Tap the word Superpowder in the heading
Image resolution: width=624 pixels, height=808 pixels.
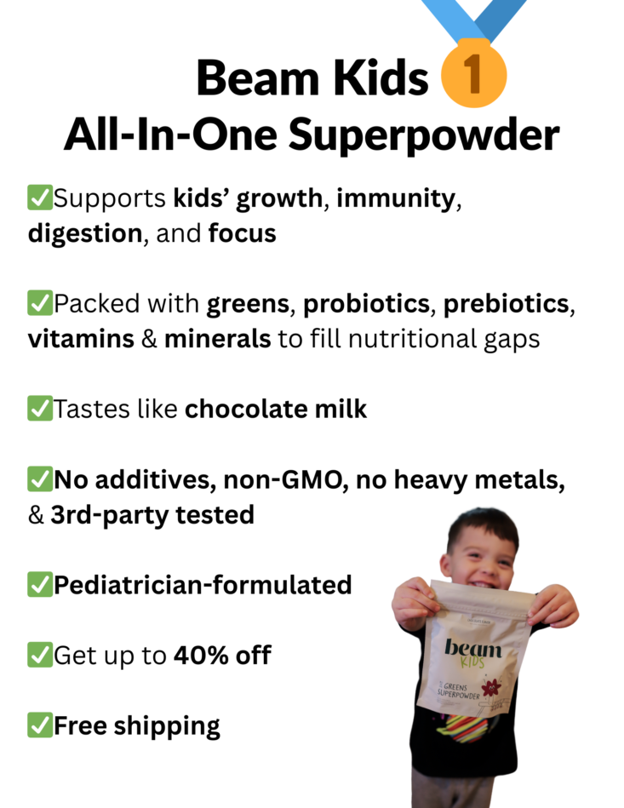tap(424, 136)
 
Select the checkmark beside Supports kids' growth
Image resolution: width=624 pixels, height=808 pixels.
tap(40, 198)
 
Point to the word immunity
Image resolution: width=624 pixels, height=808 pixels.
tap(396, 199)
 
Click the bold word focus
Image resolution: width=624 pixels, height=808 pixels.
tap(242, 233)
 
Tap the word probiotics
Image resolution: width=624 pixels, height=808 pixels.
tap(366, 304)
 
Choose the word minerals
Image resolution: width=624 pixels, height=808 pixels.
tap(217, 339)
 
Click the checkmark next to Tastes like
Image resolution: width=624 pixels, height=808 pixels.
tap(40, 409)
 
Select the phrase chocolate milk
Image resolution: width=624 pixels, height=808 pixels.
tap(276, 410)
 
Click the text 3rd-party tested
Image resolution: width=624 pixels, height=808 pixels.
tap(152, 515)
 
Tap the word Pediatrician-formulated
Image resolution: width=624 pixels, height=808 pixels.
tap(203, 585)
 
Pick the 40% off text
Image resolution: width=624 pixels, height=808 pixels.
tap(222, 656)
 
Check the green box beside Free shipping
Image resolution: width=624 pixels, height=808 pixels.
tap(40, 725)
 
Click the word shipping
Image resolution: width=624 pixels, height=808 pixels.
tap(167, 726)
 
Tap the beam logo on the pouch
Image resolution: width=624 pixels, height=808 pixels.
tap(473, 652)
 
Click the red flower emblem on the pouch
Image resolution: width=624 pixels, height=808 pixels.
tap(490, 688)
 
